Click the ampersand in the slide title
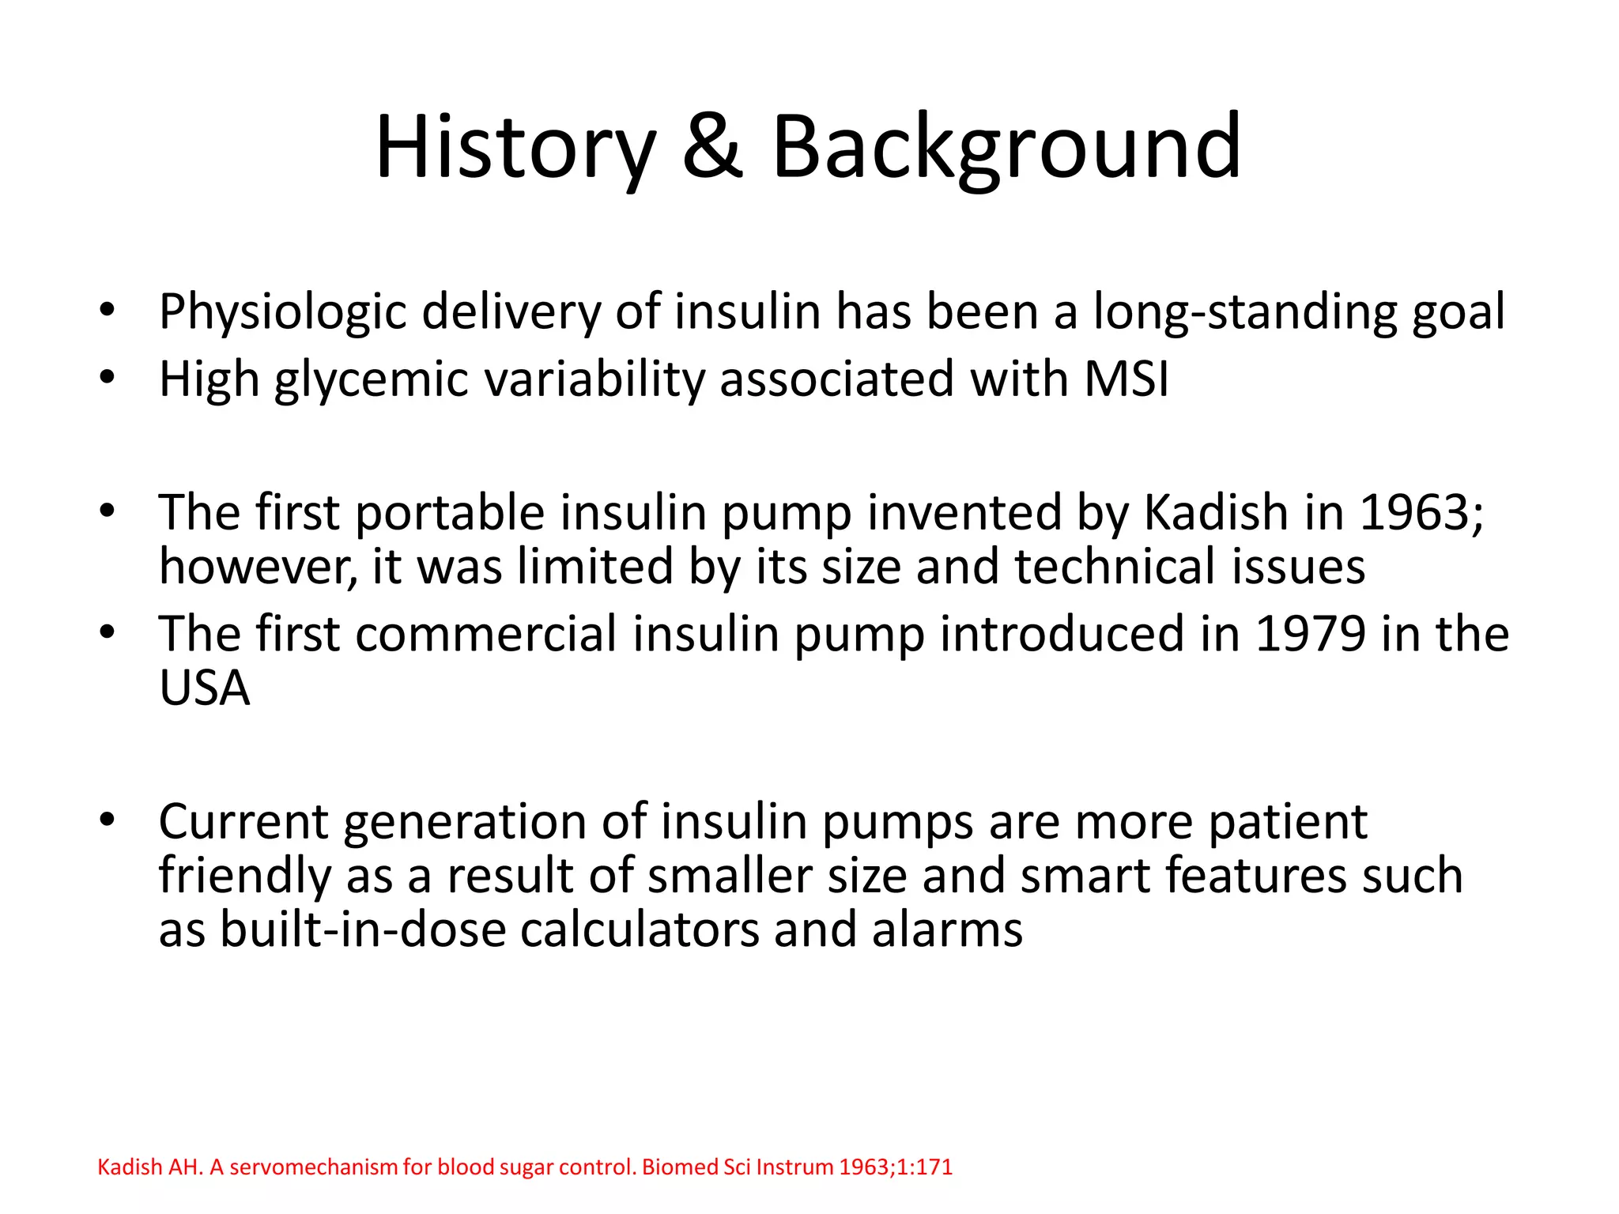[712, 148]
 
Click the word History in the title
[515, 148]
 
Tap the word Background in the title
[1006, 148]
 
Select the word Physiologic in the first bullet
[282, 312]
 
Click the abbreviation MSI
[1126, 379]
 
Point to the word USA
[205, 688]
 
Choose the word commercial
[485, 635]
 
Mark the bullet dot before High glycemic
[108, 378]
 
